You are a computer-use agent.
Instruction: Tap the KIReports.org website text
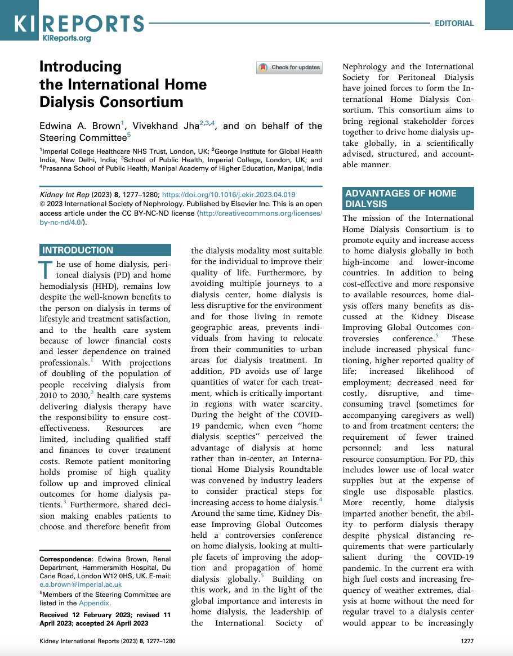click(66, 38)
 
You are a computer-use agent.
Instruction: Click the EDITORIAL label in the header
click(454, 24)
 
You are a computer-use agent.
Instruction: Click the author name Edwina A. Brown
click(78, 126)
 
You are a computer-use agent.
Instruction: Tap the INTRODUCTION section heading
click(78, 251)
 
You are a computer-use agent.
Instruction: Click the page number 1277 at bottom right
click(467, 641)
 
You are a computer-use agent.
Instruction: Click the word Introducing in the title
click(80, 67)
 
